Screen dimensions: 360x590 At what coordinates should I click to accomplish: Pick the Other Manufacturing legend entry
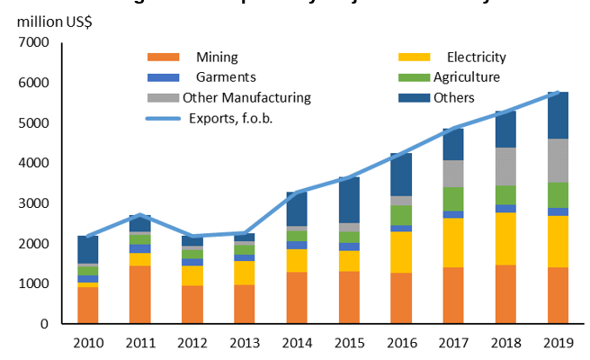(246, 97)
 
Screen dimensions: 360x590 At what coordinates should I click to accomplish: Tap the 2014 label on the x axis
(297, 343)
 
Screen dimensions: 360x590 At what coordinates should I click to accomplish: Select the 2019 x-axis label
(558, 343)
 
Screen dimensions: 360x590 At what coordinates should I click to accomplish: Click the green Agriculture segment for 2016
(401, 215)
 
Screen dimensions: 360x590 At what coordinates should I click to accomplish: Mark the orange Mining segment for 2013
(244, 304)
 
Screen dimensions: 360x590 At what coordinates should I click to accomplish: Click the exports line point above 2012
(192, 236)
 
